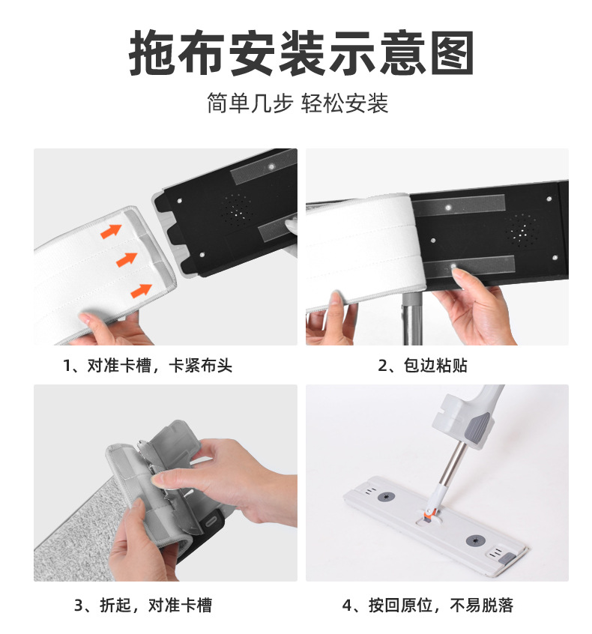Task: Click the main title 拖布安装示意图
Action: (x=301, y=52)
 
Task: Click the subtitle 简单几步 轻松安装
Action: (x=297, y=103)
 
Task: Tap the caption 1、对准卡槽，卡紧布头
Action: (x=148, y=366)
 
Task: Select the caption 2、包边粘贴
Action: (x=422, y=366)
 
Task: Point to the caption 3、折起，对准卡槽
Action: (x=142, y=606)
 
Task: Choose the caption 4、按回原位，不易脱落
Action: (x=427, y=606)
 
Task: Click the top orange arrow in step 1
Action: (x=111, y=231)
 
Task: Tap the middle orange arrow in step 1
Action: (x=127, y=259)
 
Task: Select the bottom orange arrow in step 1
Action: (x=141, y=290)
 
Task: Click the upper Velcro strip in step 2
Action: (x=459, y=206)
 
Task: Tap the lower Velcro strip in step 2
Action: (x=469, y=266)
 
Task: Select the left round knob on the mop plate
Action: (x=387, y=496)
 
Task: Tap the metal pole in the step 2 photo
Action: (x=411, y=318)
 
